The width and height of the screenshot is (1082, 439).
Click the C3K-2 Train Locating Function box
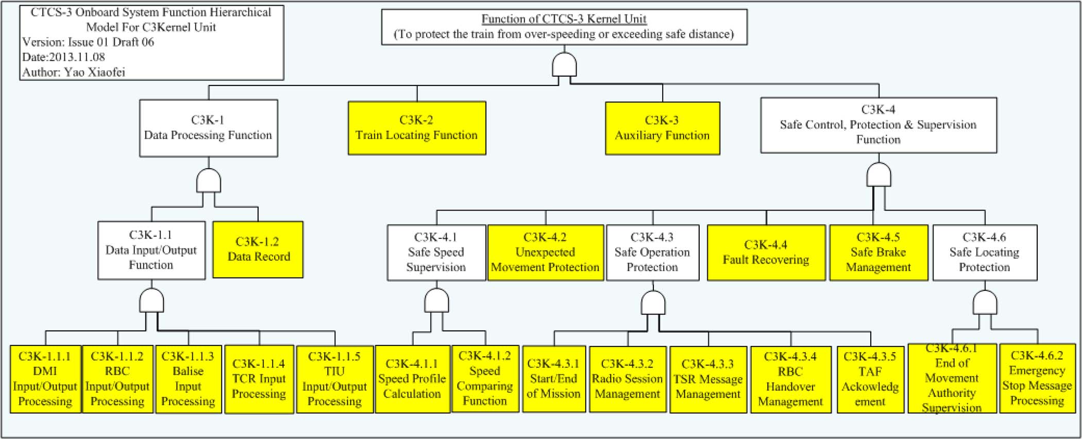pyautogui.click(x=417, y=128)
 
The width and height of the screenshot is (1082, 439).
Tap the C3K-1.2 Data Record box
pyautogui.click(x=258, y=250)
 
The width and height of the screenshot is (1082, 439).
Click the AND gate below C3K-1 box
pyautogui.click(x=209, y=181)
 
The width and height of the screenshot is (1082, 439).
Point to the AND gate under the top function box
pyautogui.click(x=564, y=65)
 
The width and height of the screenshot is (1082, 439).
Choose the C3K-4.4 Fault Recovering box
pyautogui.click(x=766, y=253)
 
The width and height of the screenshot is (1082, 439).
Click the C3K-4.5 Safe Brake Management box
pyautogui.click(x=878, y=253)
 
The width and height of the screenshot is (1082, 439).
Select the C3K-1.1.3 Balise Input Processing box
pyautogui.click(x=188, y=379)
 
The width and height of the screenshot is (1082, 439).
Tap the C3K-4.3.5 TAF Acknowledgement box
pyautogui.click(x=870, y=379)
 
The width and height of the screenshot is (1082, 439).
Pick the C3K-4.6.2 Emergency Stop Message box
pyautogui.click(x=1037, y=378)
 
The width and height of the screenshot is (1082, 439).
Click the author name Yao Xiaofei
pyautogui.click(x=94, y=72)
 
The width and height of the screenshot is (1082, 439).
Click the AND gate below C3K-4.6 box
pyautogui.click(x=985, y=303)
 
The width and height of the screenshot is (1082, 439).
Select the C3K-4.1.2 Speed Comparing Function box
pyautogui.click(x=485, y=379)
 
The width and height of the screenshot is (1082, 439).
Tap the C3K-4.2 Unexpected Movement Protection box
pyautogui.click(x=545, y=253)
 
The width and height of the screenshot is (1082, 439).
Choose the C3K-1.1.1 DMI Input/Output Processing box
pyautogui.click(x=45, y=379)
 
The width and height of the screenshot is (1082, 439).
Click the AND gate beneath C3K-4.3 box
pyautogui.click(x=653, y=303)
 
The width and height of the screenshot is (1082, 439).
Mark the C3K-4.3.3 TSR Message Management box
pyautogui.click(x=708, y=379)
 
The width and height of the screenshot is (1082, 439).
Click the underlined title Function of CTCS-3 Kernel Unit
pyautogui.click(x=564, y=19)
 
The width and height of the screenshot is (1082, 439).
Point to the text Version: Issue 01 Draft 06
pyautogui.click(x=88, y=42)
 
